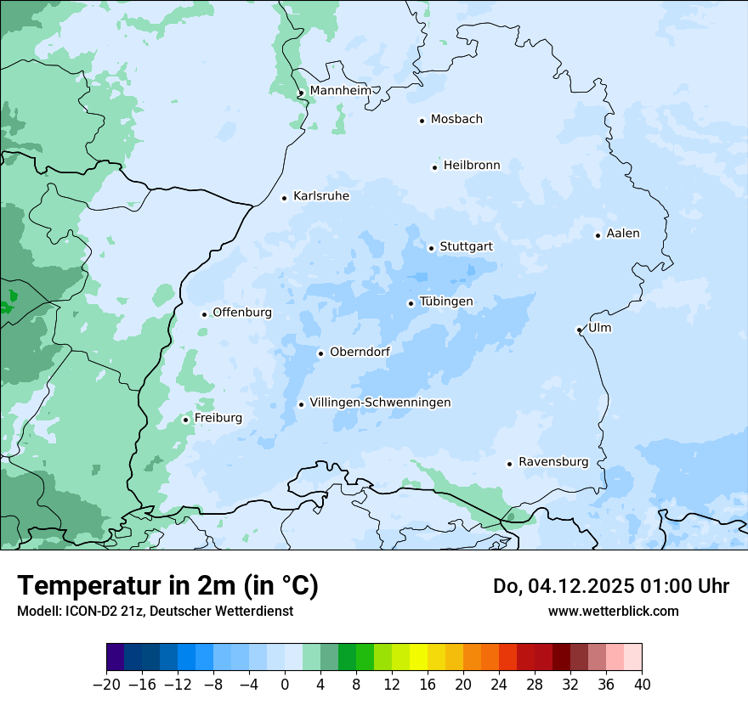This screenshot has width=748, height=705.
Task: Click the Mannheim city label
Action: click(x=340, y=91)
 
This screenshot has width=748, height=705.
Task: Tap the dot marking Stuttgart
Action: click(x=431, y=248)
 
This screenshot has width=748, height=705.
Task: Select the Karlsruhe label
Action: click(x=321, y=196)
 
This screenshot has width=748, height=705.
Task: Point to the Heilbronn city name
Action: click(x=472, y=166)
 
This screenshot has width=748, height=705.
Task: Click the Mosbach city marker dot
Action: click(x=422, y=121)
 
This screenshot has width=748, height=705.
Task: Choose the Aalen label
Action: click(x=623, y=234)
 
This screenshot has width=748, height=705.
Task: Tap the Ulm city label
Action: click(x=599, y=328)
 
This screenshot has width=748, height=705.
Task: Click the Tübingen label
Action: click(x=446, y=302)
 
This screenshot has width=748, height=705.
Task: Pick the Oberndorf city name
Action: click(x=360, y=352)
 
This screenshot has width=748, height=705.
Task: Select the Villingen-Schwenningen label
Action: click(x=380, y=403)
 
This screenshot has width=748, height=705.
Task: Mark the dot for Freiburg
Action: click(x=185, y=420)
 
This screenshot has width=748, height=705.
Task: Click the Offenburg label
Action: click(x=242, y=313)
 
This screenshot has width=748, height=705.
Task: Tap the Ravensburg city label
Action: click(x=553, y=462)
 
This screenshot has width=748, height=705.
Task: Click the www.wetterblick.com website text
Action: click(x=613, y=611)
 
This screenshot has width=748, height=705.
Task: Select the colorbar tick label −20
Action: click(x=106, y=685)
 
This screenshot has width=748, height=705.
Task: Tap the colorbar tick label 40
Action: click(x=642, y=685)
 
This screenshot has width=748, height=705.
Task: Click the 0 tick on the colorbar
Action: click(x=285, y=685)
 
